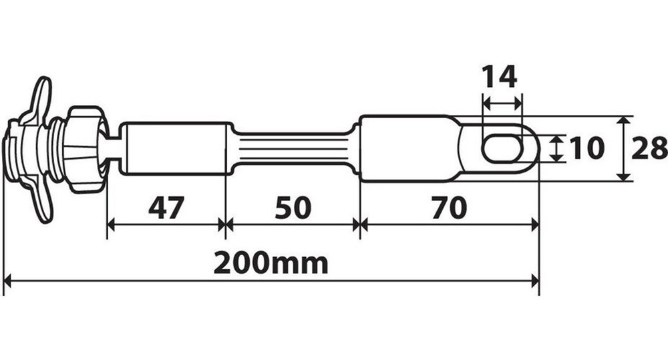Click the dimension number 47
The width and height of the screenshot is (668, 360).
(166, 208)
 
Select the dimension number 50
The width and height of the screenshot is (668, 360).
(293, 208)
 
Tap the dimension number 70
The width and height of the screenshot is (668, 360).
(449, 208)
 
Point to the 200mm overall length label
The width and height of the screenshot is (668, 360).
(271, 263)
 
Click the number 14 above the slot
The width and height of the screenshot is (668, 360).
(499, 76)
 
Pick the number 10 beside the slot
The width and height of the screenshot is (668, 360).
(587, 148)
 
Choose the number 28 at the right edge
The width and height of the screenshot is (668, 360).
(649, 148)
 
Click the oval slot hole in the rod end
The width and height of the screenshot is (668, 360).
(504, 148)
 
